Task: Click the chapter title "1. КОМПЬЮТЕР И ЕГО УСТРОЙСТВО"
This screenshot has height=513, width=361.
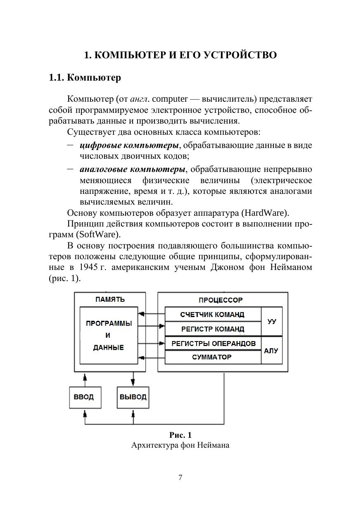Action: (180, 55)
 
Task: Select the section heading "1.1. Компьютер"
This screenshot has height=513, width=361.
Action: (85, 77)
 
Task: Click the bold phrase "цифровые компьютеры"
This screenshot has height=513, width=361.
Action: (129, 146)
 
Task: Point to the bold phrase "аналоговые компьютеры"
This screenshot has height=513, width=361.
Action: (132, 169)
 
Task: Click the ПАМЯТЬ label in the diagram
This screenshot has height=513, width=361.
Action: (109, 299)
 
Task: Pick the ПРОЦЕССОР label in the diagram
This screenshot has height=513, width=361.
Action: (221, 300)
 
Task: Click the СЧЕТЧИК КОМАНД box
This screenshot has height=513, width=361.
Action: (213, 315)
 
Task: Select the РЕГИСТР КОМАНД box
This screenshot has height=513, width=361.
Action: (213, 329)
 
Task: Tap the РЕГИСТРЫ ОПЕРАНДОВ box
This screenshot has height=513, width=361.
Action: (213, 344)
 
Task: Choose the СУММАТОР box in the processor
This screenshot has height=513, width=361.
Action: (213, 357)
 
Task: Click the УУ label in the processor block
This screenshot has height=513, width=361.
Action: (272, 321)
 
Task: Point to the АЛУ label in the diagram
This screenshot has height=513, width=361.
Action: (271, 351)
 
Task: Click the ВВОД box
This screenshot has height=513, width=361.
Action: (84, 397)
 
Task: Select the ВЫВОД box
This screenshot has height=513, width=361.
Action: (133, 397)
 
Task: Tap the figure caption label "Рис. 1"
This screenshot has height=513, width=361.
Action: (180, 435)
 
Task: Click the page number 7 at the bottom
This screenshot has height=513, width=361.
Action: (180, 477)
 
